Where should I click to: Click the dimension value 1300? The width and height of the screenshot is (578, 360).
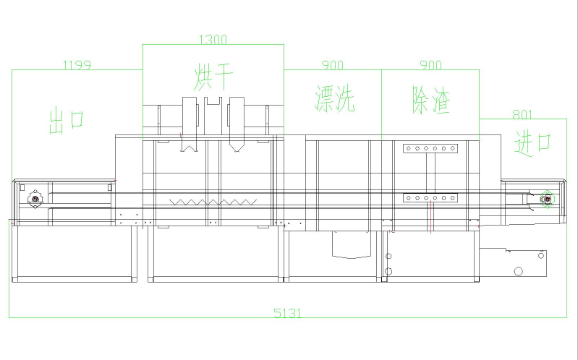(x=213, y=39)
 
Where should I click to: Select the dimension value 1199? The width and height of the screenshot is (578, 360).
(x=77, y=65)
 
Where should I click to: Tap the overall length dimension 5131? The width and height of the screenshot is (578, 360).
(x=287, y=313)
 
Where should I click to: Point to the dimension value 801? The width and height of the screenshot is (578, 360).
(x=522, y=115)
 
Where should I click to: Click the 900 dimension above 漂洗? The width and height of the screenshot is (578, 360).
(x=333, y=65)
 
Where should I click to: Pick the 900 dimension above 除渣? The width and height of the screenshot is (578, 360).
(x=430, y=65)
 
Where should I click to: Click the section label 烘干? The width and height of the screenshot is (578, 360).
(x=213, y=77)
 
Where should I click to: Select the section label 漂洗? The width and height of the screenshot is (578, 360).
(x=335, y=98)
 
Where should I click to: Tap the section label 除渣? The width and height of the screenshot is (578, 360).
(x=431, y=100)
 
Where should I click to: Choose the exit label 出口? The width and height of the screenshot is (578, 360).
(x=67, y=120)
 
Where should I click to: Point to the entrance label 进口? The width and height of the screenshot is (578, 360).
(x=532, y=144)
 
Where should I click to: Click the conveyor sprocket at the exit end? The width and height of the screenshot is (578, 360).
(x=35, y=199)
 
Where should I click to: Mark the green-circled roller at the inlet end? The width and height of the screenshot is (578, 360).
(x=548, y=200)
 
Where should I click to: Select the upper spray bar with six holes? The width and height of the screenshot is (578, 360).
(x=430, y=148)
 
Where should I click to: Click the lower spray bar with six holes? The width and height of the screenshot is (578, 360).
(x=430, y=198)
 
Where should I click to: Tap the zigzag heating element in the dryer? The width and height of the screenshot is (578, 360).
(x=213, y=202)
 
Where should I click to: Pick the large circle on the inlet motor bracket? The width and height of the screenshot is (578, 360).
(x=518, y=272)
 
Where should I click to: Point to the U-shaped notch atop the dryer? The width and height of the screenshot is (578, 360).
(x=213, y=101)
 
